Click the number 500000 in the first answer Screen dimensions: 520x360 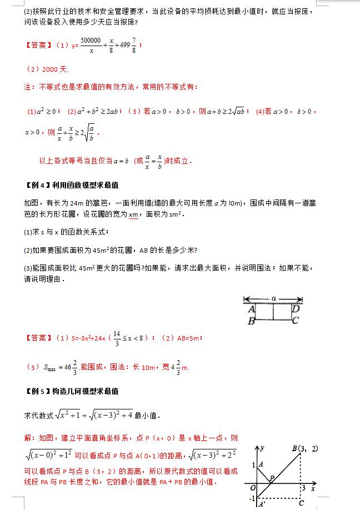[x=91, y=41]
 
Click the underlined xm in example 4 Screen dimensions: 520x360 [x=132, y=214]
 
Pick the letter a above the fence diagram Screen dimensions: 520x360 [x=273, y=298]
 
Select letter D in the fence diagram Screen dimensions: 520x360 [x=296, y=309]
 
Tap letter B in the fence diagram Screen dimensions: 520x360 [x=251, y=321]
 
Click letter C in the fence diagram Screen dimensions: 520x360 [x=296, y=320]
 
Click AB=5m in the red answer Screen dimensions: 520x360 [x=186, y=337]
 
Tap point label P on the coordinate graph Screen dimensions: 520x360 [x=272, y=477]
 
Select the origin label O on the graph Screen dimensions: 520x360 [x=252, y=488]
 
